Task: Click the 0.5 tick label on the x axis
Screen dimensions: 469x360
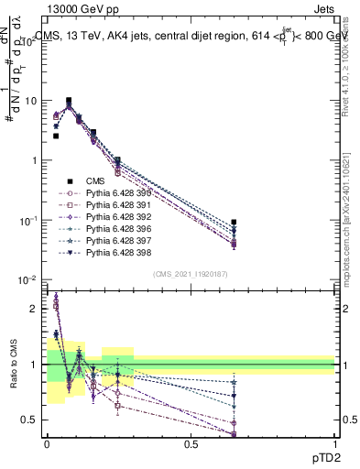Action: (191, 443)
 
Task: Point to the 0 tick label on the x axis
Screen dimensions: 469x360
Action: (47, 443)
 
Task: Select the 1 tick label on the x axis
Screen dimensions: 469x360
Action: (335, 443)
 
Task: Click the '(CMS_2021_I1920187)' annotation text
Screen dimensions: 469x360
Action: (191, 274)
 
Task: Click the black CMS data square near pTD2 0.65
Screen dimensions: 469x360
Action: (234, 223)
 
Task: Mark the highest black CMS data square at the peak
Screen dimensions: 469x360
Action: (69, 101)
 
